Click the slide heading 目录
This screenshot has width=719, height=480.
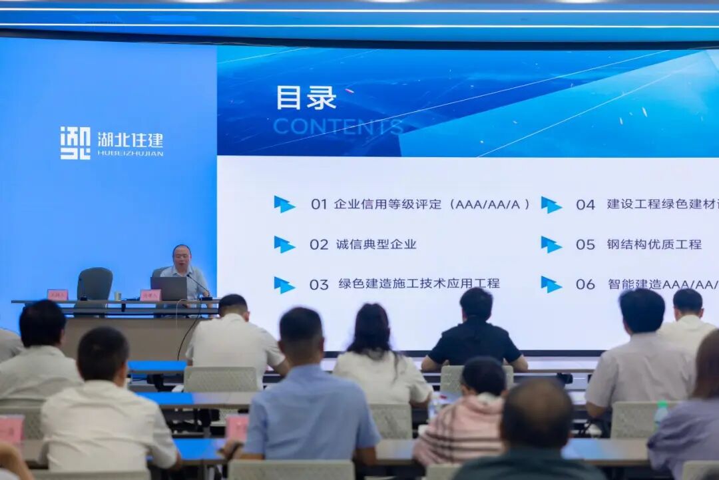[306, 98]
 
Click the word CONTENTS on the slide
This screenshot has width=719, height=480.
[338, 126]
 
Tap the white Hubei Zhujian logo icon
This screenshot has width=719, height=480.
[75, 143]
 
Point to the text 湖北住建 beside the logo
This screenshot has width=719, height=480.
[130, 140]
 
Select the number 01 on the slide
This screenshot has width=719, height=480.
[319, 204]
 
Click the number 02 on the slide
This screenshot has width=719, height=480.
[319, 244]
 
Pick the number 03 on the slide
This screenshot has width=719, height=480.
[319, 284]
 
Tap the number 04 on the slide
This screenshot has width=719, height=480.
[585, 204]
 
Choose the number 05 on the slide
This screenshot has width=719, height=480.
[585, 244]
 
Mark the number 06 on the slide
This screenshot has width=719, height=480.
[585, 284]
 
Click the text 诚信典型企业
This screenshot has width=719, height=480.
[376, 244]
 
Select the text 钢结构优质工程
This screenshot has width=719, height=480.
[654, 244]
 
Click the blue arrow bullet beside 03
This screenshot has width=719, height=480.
[284, 285]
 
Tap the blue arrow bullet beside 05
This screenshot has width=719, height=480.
[551, 244]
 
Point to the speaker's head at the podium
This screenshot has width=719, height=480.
[182, 256]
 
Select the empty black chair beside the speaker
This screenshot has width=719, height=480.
[95, 284]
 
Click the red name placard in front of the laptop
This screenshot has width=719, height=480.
[150, 295]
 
